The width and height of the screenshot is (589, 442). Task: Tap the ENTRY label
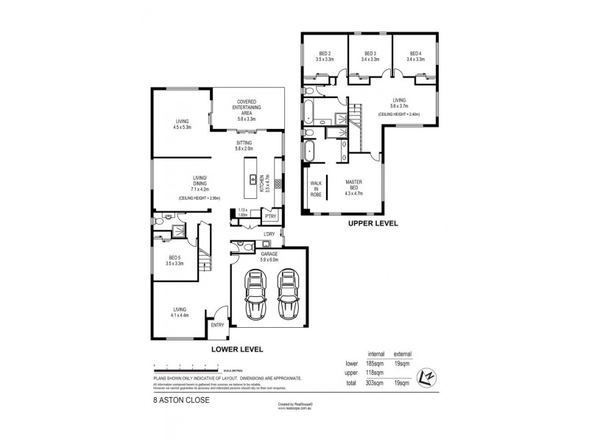tap(217, 325)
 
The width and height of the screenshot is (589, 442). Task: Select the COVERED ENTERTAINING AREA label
tap(246, 108)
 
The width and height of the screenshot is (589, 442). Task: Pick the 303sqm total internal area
tap(377, 384)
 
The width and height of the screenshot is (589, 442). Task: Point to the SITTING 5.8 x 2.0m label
tap(244, 145)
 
